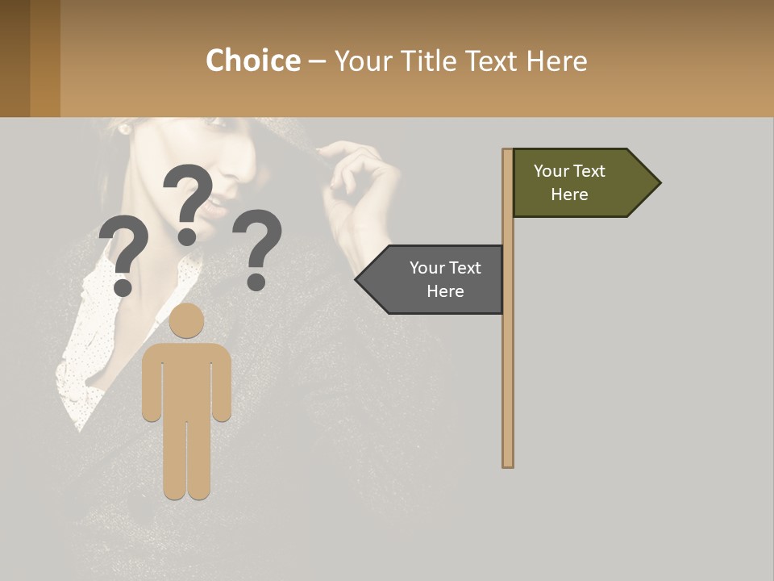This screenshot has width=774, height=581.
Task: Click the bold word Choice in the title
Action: [252, 61]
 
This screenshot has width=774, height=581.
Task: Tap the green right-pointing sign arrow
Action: [576, 183]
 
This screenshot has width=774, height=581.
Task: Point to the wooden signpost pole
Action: [508, 363]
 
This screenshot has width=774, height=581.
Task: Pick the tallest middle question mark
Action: [188, 202]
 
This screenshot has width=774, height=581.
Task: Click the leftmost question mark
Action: [123, 254]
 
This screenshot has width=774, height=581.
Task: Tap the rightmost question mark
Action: [258, 249]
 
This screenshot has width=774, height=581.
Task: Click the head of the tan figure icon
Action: [187, 320]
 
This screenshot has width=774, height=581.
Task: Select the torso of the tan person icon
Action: [187, 379]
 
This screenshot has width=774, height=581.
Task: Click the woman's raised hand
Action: [355, 186]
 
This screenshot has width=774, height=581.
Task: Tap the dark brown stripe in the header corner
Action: [15, 58]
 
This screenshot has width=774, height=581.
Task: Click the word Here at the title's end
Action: [556, 61]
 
